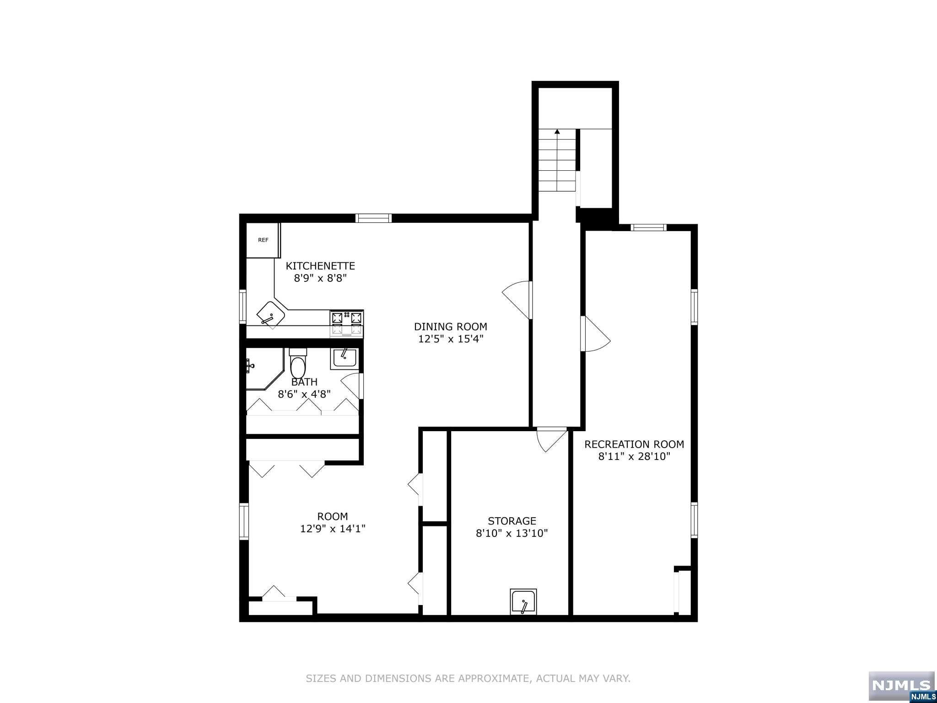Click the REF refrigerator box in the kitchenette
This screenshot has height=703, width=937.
(263, 240)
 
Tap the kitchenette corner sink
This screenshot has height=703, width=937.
(271, 315)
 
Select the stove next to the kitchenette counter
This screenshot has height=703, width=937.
(347, 324)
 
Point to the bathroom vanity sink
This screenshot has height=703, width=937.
(344, 358)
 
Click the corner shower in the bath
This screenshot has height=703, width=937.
(264, 369)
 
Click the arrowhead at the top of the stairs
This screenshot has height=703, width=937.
(557, 132)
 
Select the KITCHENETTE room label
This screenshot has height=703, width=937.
(320, 266)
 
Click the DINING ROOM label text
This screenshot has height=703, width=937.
(451, 327)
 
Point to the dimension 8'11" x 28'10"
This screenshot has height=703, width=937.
(634, 456)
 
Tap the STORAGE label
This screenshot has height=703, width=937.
(512, 521)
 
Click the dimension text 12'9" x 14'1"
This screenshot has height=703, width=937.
(333, 529)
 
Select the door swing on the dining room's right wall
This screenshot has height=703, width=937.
(517, 300)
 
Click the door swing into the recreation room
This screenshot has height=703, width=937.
(596, 334)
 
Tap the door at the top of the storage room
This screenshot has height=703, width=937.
(552, 439)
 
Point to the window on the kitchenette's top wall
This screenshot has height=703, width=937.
(374, 218)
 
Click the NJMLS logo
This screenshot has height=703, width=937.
(901, 686)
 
